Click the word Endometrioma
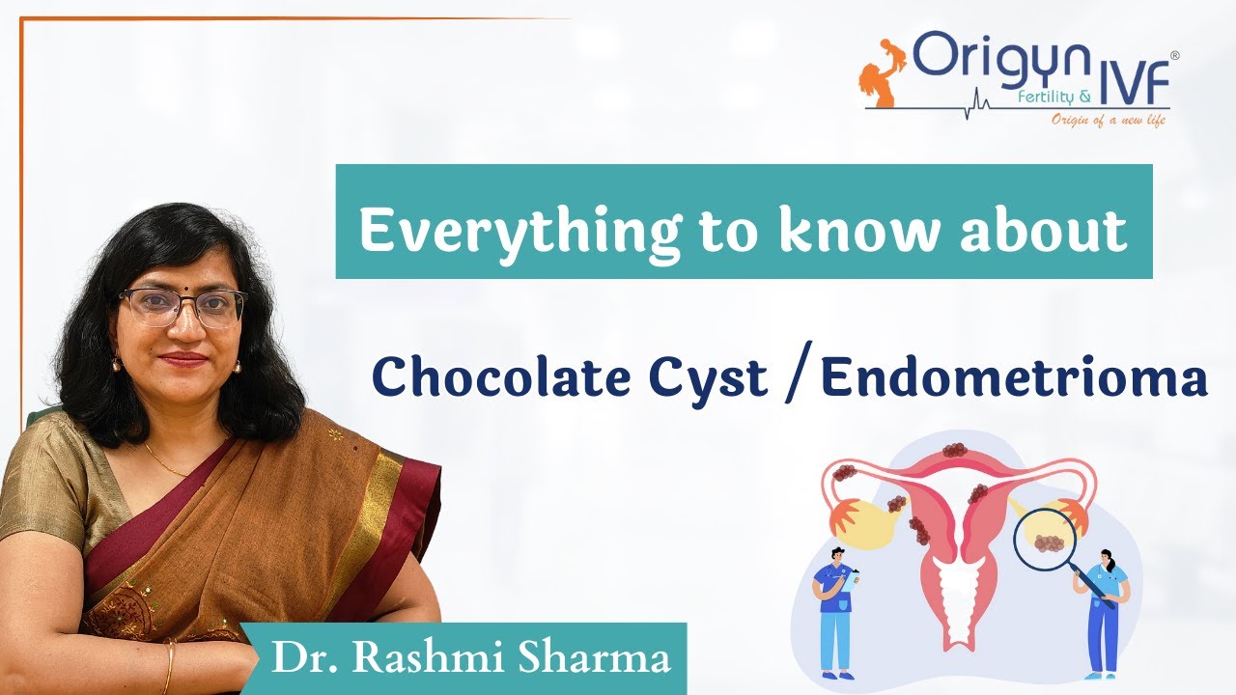pos(1015,378)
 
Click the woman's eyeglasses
pos(182,307)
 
